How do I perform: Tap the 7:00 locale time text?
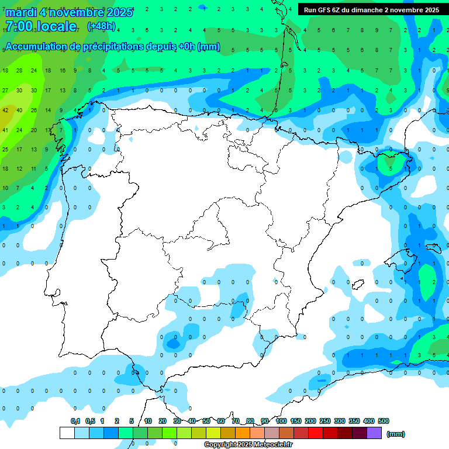click(41, 26)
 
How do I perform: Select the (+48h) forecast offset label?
click(101, 26)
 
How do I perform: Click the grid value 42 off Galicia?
click(5, 110)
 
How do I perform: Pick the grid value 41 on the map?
click(5, 130)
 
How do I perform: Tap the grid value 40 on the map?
click(19, 110)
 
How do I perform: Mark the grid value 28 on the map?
click(19, 71)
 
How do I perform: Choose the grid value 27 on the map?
click(5, 91)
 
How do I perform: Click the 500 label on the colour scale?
click(384, 421)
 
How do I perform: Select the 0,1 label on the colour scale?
click(75, 421)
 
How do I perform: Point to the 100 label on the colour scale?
click(281, 421)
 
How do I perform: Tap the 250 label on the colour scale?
click(325, 421)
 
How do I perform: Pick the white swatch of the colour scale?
click(67, 433)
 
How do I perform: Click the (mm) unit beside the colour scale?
click(396, 434)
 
